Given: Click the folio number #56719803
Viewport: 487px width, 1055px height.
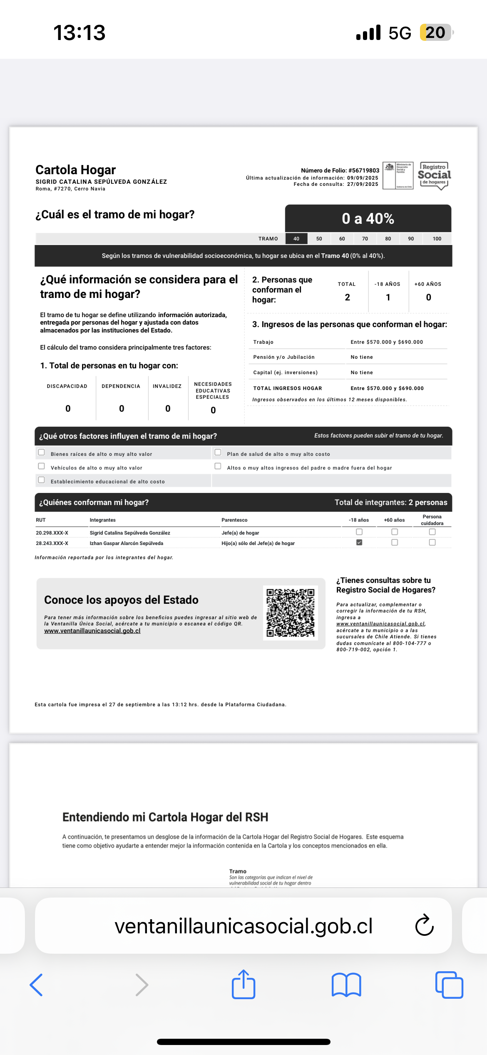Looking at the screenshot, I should click(363, 170).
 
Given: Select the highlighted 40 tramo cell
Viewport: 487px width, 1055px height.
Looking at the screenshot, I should click(296, 239).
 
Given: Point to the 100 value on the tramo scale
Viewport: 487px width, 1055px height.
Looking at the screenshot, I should click(437, 239).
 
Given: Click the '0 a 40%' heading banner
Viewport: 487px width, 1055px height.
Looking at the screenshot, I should click(368, 218).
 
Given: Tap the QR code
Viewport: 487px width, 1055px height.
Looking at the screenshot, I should click(291, 612).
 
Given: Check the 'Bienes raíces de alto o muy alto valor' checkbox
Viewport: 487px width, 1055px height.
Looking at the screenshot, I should click(42, 452).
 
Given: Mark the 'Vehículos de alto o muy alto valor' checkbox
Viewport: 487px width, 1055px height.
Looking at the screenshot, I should click(42, 466).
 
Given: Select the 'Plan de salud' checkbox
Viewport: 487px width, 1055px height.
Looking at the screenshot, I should click(218, 452).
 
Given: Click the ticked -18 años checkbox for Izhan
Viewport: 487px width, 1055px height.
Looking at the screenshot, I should click(359, 542).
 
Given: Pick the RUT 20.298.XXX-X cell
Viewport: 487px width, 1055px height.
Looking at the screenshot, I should click(52, 533).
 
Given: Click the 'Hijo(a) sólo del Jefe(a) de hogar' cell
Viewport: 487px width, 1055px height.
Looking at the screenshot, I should click(258, 543).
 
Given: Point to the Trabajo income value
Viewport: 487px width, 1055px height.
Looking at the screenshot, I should click(387, 342).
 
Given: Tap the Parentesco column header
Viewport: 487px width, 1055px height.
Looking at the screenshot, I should click(234, 520).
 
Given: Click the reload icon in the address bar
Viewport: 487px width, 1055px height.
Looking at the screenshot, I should click(425, 925).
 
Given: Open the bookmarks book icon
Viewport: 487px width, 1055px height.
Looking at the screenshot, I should click(346, 985).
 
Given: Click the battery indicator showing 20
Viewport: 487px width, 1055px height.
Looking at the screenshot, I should click(435, 32).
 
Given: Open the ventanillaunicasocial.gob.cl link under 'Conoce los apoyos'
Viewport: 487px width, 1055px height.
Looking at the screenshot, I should click(92, 631).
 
